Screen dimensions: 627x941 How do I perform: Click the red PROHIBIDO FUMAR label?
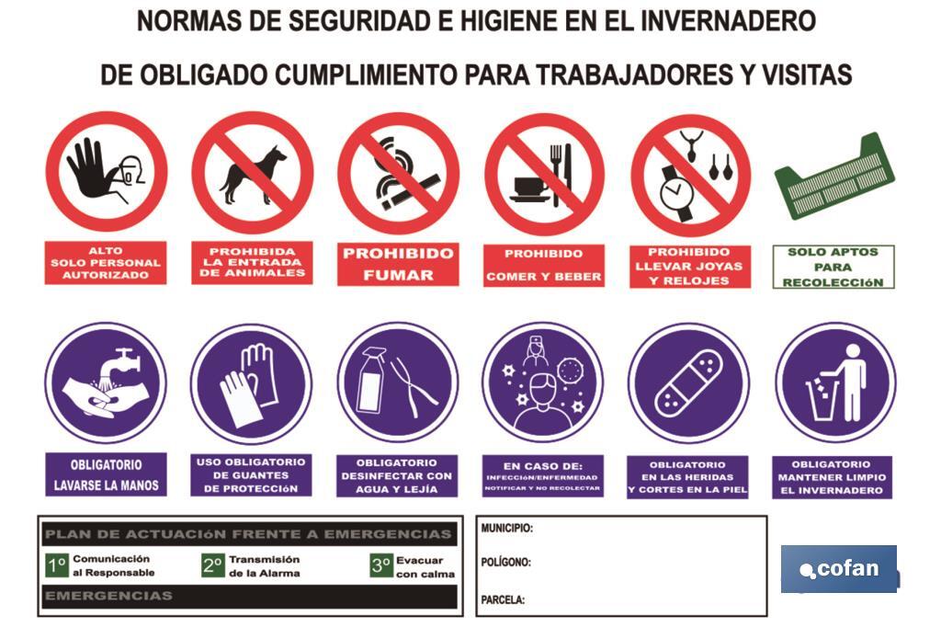tap(397, 264)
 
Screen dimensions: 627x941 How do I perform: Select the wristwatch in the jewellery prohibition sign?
tap(675, 190)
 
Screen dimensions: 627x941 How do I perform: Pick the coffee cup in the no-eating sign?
tap(530, 187)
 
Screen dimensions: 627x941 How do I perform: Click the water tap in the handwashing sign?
tap(123, 361)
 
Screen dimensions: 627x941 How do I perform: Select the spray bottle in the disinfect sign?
tap(370, 382)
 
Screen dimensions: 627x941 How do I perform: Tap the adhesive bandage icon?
tap(688, 382)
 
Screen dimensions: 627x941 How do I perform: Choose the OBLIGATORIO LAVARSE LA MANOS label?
tap(106, 475)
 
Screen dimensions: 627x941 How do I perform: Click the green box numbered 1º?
tap(57, 564)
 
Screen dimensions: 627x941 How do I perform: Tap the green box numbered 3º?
tap(380, 564)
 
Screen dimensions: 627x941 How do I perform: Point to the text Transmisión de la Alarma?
tap(264, 565)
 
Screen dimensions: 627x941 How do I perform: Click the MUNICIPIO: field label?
tap(506, 529)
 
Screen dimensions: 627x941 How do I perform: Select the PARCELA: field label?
tap(503, 599)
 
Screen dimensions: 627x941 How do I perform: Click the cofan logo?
tap(838, 569)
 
